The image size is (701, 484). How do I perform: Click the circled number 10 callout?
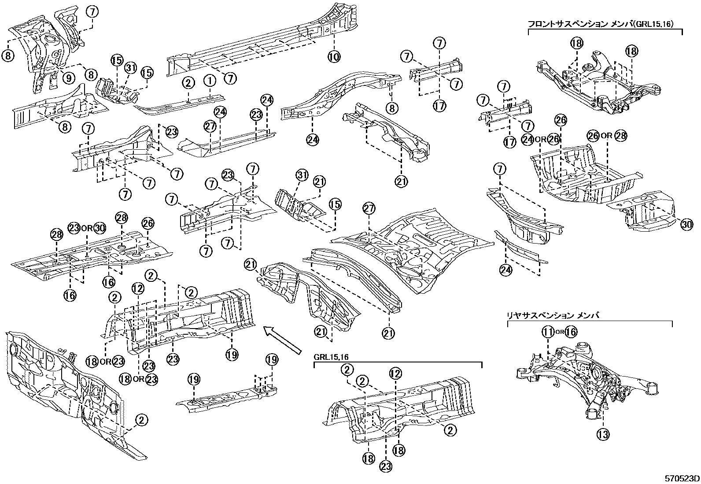[334, 56]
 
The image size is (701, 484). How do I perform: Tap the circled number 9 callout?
[68, 78]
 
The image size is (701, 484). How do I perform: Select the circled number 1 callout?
[210, 82]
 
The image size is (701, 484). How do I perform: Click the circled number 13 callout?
[603, 435]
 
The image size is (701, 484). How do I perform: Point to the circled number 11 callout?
[548, 332]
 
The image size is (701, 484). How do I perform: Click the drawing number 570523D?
[682, 478]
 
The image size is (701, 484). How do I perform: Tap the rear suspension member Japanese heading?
[553, 316]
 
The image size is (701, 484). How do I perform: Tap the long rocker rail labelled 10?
[260, 42]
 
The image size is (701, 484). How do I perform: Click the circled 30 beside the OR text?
[100, 228]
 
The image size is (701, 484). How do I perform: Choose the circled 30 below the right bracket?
[686, 225]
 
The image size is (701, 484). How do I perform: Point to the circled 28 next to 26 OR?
[620, 136]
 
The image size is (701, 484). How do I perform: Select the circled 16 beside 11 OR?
[571, 332]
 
